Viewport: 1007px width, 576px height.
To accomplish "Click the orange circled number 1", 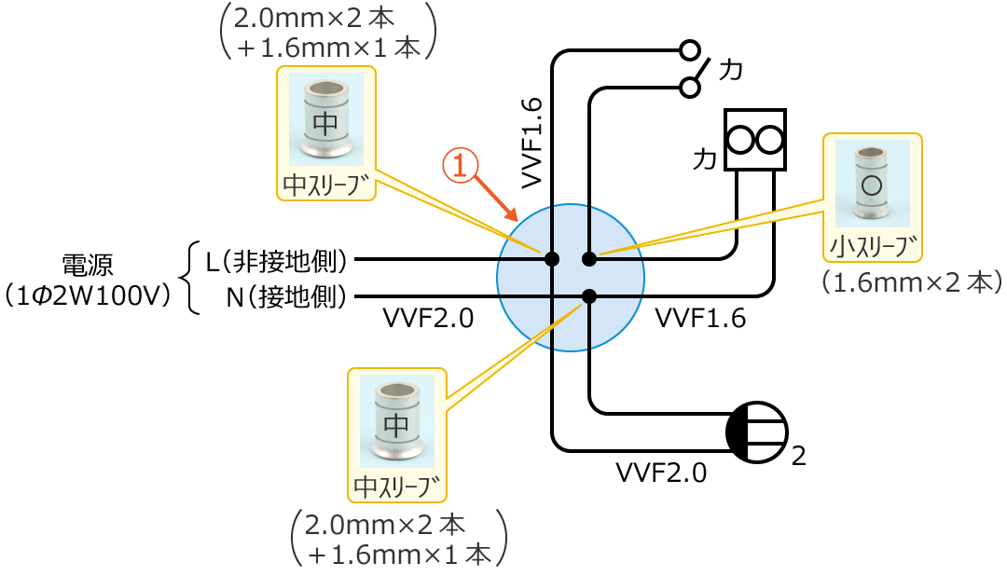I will pyautogui.click(x=459, y=166).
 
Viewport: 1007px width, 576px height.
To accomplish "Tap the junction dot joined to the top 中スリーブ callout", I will pyautogui.click(x=552, y=258).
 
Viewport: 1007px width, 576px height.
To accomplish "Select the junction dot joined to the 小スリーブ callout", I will pyautogui.click(x=589, y=258).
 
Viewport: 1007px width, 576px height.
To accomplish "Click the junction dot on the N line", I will pyautogui.click(x=589, y=296).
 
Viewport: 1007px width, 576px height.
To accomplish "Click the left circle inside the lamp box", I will pyautogui.click(x=741, y=140).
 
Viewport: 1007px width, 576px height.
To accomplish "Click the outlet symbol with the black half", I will pyautogui.click(x=756, y=432).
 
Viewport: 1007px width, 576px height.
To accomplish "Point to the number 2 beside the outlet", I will pyautogui.click(x=798, y=457).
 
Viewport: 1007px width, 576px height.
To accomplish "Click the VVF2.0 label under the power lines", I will pyautogui.click(x=428, y=319).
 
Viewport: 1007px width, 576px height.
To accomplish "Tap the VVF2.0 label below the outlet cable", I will pyautogui.click(x=661, y=473).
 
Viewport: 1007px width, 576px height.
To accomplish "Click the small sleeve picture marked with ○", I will pyautogui.click(x=871, y=184).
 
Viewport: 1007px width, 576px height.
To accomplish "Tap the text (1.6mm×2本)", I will pyautogui.click(x=911, y=282).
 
